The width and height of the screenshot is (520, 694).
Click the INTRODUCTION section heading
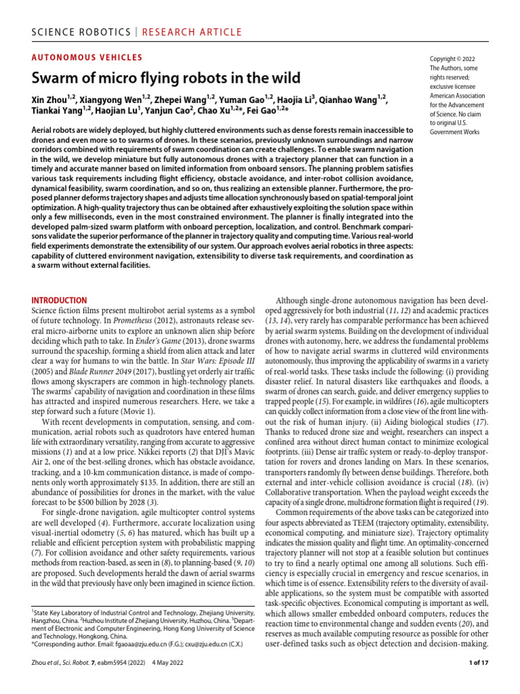60,300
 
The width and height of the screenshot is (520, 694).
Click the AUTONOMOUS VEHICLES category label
87,58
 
